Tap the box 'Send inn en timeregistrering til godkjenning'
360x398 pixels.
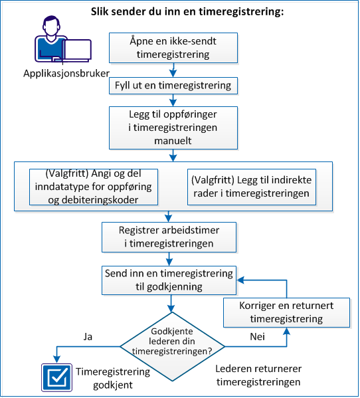pos(169,279)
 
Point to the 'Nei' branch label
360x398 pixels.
pos(258,337)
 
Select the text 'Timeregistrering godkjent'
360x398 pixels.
pos(112,379)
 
